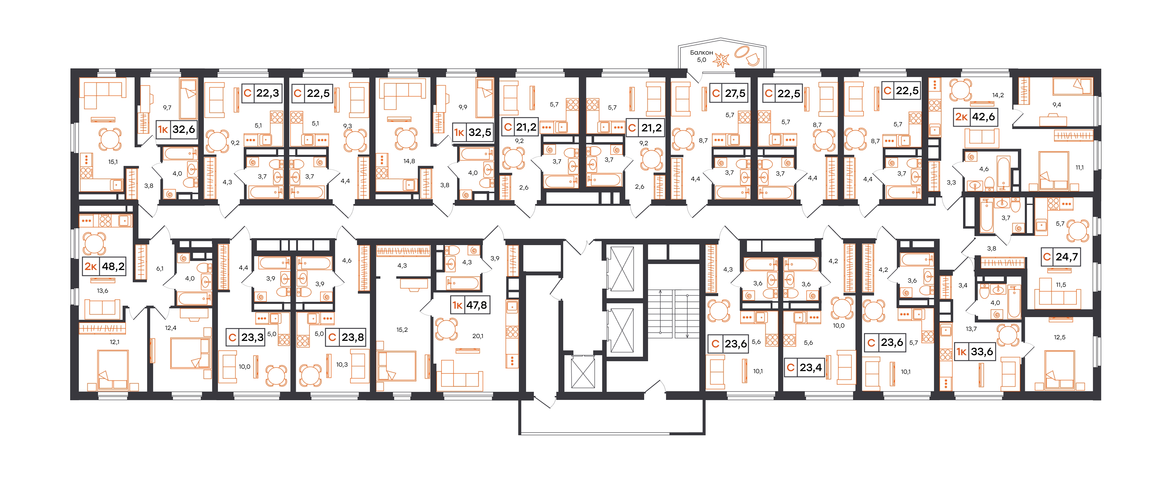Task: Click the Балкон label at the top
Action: pos(702,53)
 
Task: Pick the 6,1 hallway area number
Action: pos(160,269)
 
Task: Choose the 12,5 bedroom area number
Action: pos(1060,337)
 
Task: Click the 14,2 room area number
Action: pos(998,95)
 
